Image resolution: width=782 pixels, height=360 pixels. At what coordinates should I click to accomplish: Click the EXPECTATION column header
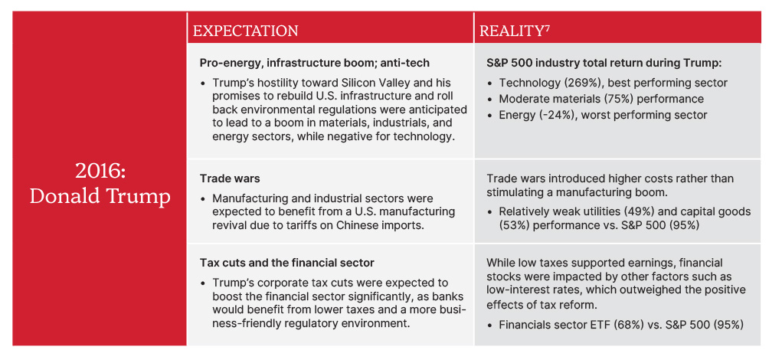coord(245,31)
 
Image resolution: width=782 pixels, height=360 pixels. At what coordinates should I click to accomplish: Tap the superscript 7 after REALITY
coord(545,28)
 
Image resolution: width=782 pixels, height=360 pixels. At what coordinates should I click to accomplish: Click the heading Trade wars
coord(230,178)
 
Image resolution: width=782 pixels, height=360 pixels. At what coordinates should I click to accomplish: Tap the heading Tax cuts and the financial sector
coord(287,263)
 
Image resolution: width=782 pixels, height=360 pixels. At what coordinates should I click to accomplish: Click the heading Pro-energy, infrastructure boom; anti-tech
coord(315,63)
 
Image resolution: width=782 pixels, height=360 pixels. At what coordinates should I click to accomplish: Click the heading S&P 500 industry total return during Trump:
coord(604,63)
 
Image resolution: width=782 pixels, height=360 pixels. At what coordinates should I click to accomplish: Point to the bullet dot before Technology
coord(490,83)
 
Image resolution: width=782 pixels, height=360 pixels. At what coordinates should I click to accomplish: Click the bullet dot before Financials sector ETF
coord(490,325)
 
